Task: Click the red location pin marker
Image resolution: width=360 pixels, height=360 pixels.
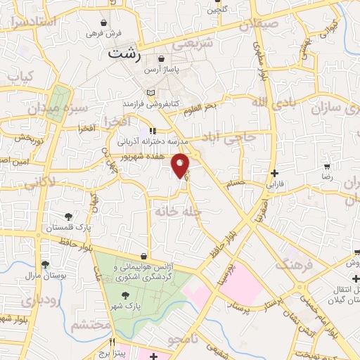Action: point(181,165)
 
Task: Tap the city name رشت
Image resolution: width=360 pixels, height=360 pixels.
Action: point(126,53)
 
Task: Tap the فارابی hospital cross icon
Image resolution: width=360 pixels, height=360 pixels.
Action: point(274,173)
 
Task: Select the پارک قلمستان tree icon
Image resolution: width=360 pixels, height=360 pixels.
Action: point(68,217)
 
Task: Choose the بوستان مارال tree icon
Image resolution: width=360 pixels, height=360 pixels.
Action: point(46,265)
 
